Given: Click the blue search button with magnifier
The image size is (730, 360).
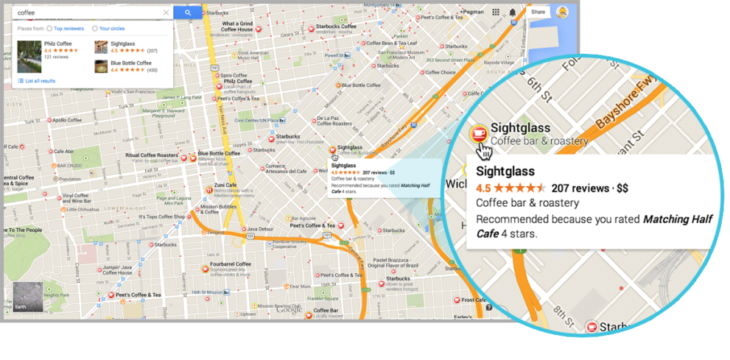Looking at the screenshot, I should click(188, 13).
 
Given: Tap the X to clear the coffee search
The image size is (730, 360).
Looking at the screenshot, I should click(166, 13).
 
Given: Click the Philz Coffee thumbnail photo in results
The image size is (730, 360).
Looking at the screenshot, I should click(29, 57).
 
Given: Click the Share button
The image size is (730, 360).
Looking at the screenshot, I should click(538, 12).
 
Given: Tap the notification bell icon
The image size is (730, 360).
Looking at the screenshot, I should click(513, 12).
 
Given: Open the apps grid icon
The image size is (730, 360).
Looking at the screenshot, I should click(496, 12).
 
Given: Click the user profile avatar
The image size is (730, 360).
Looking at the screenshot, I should click(562, 12).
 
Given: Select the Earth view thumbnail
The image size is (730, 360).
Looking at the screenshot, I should click(27, 296).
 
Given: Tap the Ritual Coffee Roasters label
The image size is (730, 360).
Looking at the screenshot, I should click(152, 155).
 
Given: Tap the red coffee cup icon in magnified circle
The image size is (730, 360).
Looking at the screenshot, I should click(479, 133).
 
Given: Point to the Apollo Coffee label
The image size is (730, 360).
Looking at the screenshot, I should click(66, 120).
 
